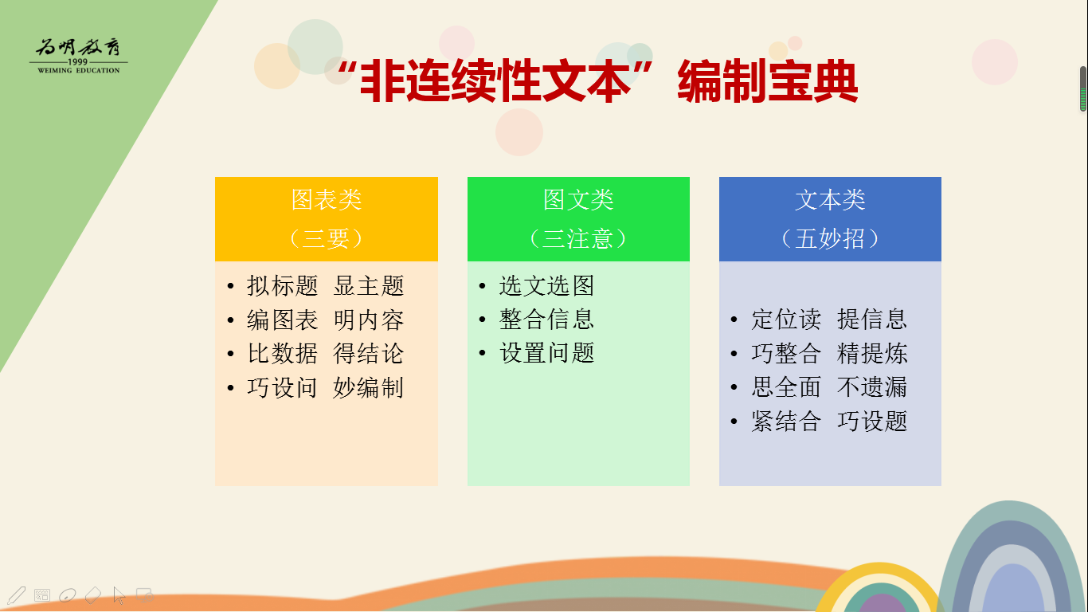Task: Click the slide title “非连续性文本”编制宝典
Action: pos(597,80)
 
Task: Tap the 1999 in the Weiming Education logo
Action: pos(78,61)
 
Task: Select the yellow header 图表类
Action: pos(327,200)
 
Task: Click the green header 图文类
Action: pos(578,200)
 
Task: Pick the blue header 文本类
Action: pos(830,200)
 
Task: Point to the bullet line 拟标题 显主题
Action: pos(326,285)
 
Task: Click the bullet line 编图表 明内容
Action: pos(326,320)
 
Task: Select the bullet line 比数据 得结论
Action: pos(326,353)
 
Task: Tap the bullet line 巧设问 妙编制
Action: pos(326,387)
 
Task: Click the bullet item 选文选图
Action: pos(547,285)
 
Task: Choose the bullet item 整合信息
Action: pos(547,320)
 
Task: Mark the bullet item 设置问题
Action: pos(547,353)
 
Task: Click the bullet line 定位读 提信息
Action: pos(829,320)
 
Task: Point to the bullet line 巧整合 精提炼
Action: pos(829,353)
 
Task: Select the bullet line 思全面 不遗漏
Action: pos(829,387)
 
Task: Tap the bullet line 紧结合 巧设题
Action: pos(829,421)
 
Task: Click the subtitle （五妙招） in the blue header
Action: pos(830,239)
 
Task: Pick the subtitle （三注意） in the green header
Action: pos(578,239)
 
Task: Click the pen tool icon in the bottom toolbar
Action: pos(16,595)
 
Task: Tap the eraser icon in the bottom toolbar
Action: pos(92,594)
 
